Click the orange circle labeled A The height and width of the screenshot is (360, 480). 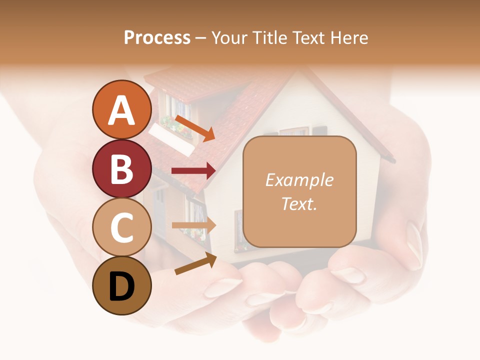122,109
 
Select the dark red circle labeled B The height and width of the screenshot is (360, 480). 122,168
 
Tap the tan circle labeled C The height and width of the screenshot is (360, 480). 122,227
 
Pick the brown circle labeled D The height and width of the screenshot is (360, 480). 122,286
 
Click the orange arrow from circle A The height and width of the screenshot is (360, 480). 194,128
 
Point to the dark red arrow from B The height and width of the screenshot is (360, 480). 193,171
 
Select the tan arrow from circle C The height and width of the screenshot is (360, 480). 193,225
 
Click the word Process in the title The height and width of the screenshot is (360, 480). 157,37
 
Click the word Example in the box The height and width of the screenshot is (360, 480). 299,180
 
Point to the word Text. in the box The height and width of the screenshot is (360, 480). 299,203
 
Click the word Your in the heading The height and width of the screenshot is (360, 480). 229,37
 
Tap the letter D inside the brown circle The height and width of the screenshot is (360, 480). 122,287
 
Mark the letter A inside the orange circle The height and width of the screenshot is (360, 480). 122,110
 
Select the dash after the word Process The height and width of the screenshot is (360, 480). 201,38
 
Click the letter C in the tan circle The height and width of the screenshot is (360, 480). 122,228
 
